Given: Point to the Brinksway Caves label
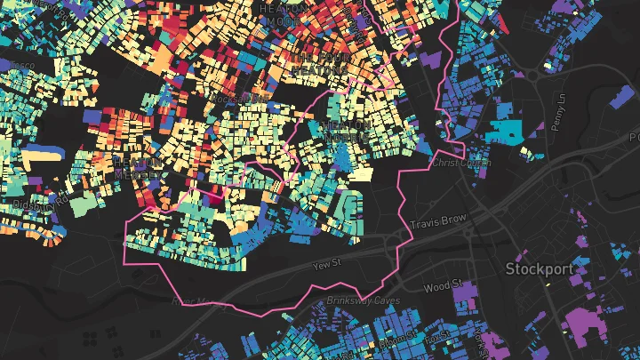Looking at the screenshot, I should tap(358, 303).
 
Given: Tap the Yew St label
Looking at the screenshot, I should tap(326, 265).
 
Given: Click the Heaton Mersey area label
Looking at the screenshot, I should tap(139, 167).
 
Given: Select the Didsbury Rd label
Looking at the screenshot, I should tap(36, 204).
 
